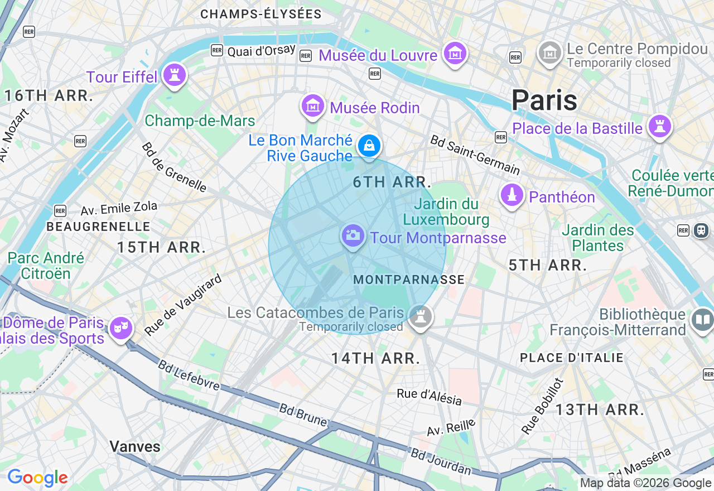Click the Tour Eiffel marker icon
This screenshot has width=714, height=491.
point(174,75)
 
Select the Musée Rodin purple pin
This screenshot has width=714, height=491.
point(313,105)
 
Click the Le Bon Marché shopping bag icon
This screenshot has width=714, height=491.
point(369,146)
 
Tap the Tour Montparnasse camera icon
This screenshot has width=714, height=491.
point(353,235)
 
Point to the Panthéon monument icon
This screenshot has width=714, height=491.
point(512,195)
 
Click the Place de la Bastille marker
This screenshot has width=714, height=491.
point(659,127)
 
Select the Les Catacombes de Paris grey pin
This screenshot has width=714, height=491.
point(420,317)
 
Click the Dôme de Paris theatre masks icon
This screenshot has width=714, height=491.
point(120,328)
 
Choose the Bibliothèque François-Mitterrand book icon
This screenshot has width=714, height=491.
point(702,320)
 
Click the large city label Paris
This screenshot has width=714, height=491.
point(544,100)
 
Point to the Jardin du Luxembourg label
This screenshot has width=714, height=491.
point(446,212)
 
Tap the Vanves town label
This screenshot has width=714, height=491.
point(135,446)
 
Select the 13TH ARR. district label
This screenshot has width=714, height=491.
point(600,410)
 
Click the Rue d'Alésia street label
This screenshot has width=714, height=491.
point(429,397)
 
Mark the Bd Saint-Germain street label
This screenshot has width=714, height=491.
point(475,155)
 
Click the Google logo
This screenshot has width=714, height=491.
point(37,478)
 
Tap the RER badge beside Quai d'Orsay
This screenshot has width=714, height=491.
point(217,50)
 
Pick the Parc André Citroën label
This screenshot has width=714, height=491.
point(46,266)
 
